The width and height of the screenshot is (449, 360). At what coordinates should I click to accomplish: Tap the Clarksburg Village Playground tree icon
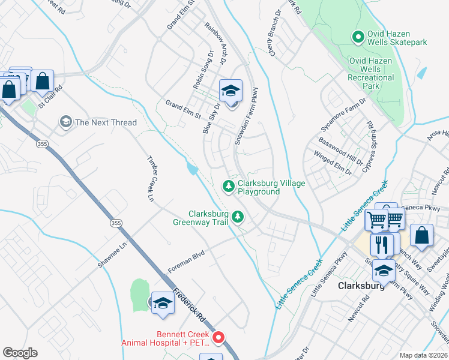pos(228,187)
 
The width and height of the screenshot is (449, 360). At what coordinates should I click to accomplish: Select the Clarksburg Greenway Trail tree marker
pos(238,216)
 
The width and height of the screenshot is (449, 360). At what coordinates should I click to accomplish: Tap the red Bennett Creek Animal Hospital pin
pos(219,338)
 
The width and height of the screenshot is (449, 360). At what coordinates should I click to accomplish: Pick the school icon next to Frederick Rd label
pos(162,303)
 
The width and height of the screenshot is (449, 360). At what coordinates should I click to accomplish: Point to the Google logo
pos(20,353)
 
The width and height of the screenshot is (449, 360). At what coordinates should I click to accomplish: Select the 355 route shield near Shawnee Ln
pos(116,223)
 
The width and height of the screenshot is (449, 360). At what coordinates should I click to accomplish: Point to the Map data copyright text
pos(423,355)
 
